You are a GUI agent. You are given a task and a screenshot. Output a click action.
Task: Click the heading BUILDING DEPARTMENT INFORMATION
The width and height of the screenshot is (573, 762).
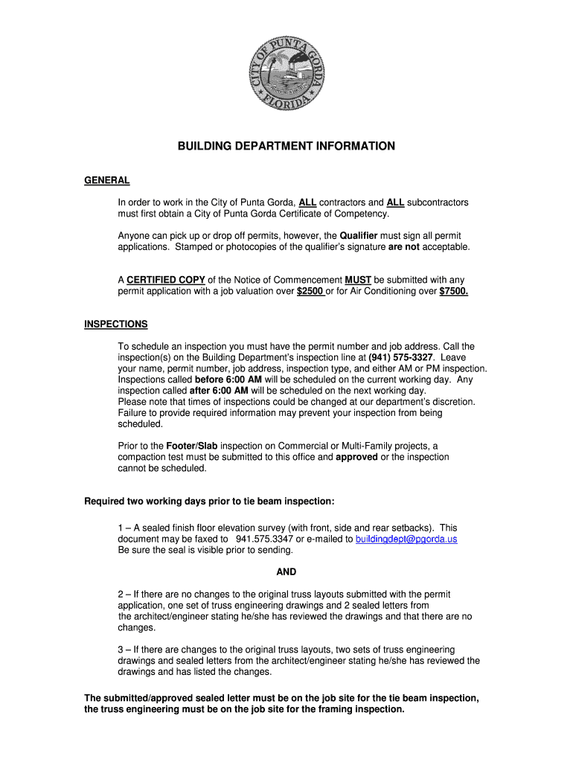coord(286,147)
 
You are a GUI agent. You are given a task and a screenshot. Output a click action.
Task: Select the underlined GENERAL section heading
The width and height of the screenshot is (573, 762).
coord(107,181)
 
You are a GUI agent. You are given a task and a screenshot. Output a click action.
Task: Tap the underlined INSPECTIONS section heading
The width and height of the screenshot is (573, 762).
coord(115,324)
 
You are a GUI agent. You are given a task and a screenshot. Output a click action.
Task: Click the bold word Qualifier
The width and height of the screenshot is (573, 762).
coord(359,236)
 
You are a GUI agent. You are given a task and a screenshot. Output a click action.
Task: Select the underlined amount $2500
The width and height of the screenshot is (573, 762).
coord(310,291)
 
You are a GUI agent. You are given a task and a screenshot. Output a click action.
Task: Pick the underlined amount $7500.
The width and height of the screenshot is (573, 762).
coord(454,291)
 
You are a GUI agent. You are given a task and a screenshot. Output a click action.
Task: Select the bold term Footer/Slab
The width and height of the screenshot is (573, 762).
coord(191,446)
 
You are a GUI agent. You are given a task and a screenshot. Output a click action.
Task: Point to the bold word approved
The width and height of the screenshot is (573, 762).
coord(356,457)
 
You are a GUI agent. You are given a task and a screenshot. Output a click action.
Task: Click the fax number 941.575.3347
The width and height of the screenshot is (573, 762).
coord(263,539)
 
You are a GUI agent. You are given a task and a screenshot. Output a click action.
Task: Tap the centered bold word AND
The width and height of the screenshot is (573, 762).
coord(286,572)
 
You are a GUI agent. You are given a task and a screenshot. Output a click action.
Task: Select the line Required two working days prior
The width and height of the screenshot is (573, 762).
coord(204,501)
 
